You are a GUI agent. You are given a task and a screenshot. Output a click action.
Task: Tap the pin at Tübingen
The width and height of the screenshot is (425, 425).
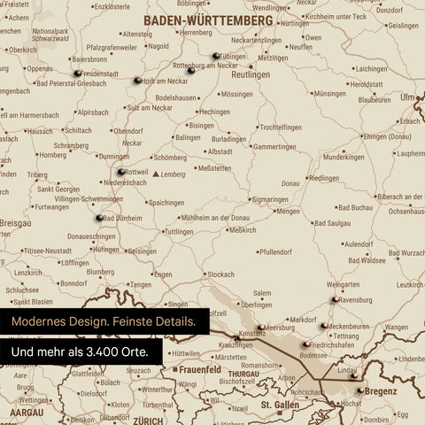pyautogui.click(x=216, y=57)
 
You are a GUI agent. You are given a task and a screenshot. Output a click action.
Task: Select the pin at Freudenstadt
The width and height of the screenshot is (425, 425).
pyautogui.click(x=78, y=73)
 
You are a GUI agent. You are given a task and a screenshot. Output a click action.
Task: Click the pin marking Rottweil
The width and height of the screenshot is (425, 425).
pyautogui.click(x=121, y=172)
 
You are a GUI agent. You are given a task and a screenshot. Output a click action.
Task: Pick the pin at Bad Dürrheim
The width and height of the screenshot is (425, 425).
pyautogui.click(x=99, y=217)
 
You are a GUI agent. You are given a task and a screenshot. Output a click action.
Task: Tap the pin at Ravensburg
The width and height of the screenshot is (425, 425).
pyautogui.click(x=336, y=300)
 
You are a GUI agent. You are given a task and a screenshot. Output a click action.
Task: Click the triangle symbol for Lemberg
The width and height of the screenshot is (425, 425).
pyautogui.click(x=157, y=175)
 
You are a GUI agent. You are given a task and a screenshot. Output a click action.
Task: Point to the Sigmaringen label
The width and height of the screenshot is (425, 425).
pyautogui.click(x=254, y=200)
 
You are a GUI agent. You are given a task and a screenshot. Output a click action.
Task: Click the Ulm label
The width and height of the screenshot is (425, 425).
pyautogui.click(x=408, y=97)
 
